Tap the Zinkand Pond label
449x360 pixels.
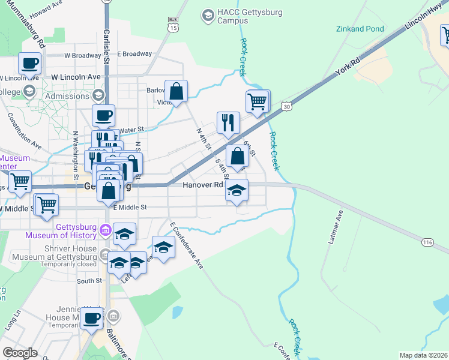(360, 28)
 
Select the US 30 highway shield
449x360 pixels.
(287, 106)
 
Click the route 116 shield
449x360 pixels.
(427, 241)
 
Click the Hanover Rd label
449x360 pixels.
(203, 185)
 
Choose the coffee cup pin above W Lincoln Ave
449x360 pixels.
(29, 62)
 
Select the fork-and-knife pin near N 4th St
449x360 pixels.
(228, 123)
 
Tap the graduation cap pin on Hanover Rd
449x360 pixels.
(237, 191)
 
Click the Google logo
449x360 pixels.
(20, 353)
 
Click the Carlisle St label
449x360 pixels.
(106, 48)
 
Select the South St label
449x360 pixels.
(89, 280)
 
